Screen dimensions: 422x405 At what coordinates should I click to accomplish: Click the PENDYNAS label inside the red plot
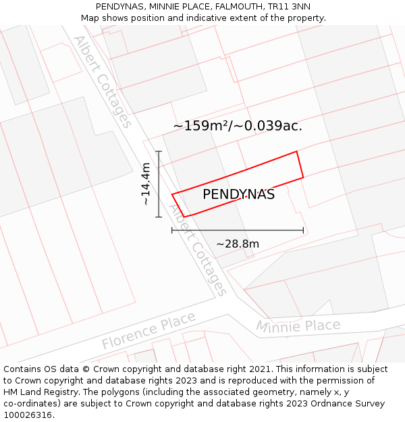click(x=238, y=194)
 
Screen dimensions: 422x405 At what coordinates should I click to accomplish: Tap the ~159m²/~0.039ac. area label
click(x=238, y=126)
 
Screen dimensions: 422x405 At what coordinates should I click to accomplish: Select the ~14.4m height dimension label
click(x=146, y=184)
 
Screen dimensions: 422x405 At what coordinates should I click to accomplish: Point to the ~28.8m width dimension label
click(x=238, y=244)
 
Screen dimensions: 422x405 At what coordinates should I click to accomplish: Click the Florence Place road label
click(x=148, y=331)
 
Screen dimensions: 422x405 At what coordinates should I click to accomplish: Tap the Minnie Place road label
click(x=298, y=326)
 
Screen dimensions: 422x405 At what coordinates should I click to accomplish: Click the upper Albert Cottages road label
click(x=103, y=81)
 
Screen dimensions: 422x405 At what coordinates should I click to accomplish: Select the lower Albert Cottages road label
click(x=197, y=251)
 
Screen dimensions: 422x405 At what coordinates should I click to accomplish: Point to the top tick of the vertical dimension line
click(x=159, y=151)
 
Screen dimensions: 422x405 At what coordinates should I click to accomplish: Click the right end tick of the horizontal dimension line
click(x=303, y=230)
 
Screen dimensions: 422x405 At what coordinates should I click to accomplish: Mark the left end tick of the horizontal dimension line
click(x=172, y=230)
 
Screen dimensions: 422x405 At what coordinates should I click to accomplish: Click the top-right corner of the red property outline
click(x=297, y=152)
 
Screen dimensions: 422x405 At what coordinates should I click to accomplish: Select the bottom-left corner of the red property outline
click(x=184, y=217)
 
